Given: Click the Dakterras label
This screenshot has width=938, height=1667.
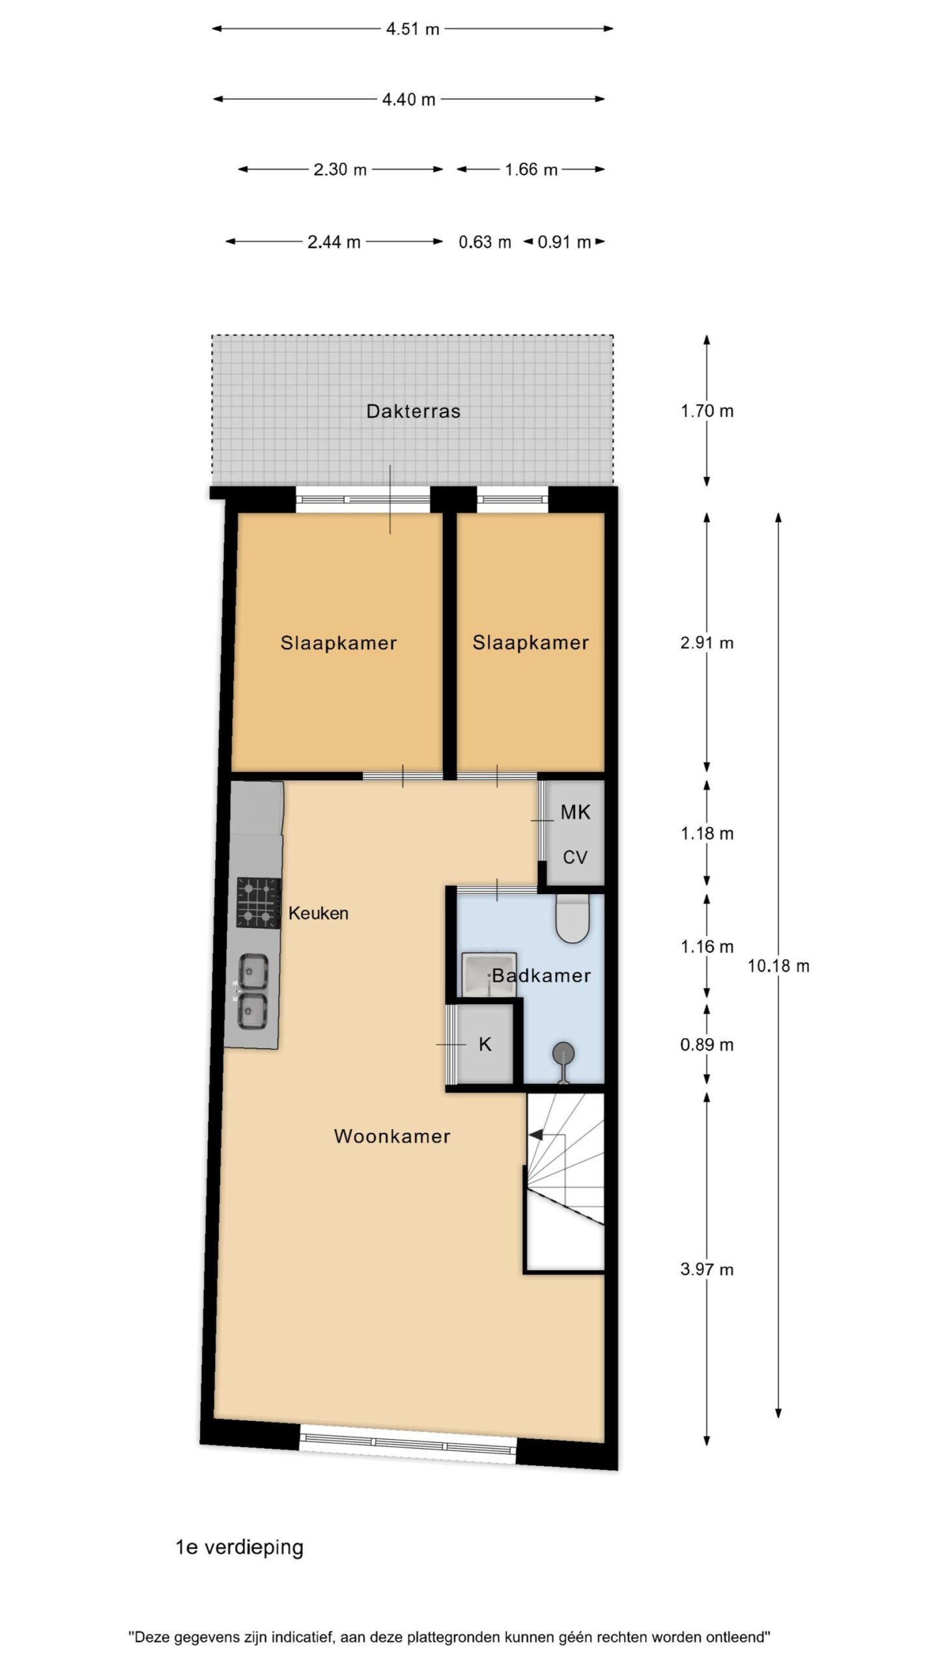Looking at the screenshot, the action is (413, 411).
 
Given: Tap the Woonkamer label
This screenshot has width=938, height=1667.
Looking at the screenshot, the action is (392, 1136).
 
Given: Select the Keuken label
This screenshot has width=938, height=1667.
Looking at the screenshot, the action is (318, 913).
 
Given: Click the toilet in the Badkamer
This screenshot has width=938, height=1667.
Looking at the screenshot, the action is (573, 919).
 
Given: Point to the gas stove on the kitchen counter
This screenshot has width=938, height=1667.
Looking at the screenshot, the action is (259, 903).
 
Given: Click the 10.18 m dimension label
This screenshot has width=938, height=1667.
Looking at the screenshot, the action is (778, 966).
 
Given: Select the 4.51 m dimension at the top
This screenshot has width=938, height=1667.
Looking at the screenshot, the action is (412, 29).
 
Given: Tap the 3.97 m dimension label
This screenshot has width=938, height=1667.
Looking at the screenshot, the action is (707, 1269).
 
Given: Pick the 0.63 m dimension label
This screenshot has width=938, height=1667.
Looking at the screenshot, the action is (485, 242).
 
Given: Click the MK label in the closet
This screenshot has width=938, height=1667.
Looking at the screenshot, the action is (575, 812).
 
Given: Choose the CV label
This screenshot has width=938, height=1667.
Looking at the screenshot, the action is (575, 858).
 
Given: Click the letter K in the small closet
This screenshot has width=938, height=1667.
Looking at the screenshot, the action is (485, 1045).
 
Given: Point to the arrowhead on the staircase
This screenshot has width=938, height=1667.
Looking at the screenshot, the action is (535, 1135).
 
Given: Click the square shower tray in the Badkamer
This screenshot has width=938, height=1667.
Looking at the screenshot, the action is (488, 975).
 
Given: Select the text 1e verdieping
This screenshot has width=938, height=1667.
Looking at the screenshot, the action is (240, 1547).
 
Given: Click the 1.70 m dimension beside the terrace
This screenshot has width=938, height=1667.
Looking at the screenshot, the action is (707, 412).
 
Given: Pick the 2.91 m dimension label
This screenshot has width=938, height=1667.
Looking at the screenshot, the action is (707, 643).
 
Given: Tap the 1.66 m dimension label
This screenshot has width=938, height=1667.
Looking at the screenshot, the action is (531, 170).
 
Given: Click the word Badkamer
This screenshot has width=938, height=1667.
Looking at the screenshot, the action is (541, 975).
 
